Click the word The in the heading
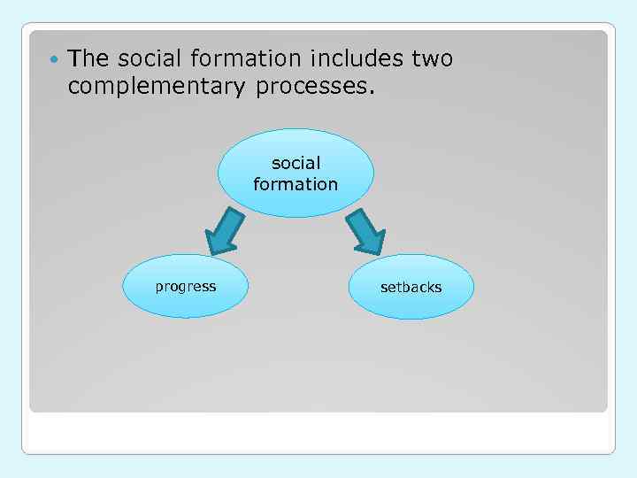pyautogui.click(x=88, y=59)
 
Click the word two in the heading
pyautogui.click(x=432, y=60)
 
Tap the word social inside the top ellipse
pyautogui.click(x=295, y=164)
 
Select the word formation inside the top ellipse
pyautogui.click(x=295, y=184)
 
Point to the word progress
pyautogui.click(x=186, y=286)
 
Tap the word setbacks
pyautogui.click(x=411, y=287)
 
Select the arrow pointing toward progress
pyautogui.click(x=225, y=233)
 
